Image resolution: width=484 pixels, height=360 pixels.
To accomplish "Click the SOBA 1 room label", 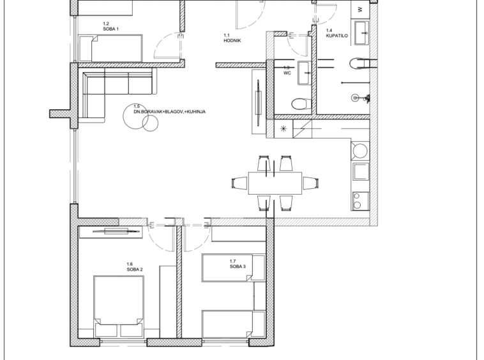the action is [111, 29].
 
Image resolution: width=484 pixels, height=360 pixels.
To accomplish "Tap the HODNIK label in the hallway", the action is [232, 40].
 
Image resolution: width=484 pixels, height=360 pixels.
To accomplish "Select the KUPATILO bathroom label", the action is [337, 36].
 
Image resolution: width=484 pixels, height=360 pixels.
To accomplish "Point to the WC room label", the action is [287, 73].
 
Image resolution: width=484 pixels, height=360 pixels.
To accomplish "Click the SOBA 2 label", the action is [135, 269].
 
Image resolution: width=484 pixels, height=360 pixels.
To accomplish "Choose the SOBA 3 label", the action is [238, 267].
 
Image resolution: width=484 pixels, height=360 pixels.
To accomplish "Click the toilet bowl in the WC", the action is [301, 103].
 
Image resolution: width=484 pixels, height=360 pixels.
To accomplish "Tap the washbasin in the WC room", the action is [305, 73].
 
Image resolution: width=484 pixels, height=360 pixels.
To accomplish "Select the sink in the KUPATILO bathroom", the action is [361, 33].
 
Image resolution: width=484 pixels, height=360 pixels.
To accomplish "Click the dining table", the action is [275, 183].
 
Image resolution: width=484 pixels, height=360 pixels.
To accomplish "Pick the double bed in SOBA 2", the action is [119, 306].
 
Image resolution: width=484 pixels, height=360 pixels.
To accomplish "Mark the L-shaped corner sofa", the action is [117, 93].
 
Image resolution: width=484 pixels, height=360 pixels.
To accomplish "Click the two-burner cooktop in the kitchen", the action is [360, 201].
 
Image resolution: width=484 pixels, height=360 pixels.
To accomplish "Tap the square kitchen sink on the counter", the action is [361, 171].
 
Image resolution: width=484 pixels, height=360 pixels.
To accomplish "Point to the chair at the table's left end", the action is [240, 183].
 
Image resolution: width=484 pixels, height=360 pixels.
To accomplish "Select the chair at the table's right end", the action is [310, 183].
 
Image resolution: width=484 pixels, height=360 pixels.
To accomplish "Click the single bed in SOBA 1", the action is [111, 49].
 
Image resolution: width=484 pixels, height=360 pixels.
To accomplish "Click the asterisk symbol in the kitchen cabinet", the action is [283, 129].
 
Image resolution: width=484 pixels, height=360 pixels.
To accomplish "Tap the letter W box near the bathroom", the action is [360, 9].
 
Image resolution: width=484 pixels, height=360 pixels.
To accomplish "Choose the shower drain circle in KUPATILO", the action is [355, 98].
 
